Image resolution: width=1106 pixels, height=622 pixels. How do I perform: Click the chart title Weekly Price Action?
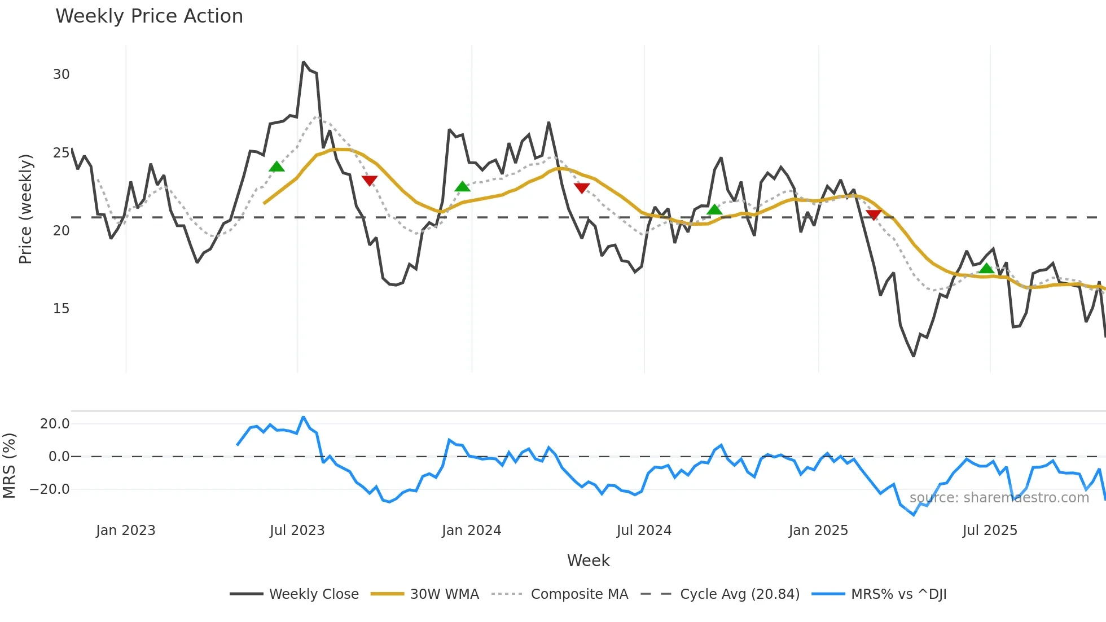(x=149, y=16)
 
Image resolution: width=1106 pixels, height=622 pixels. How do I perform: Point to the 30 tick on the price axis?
(x=61, y=75)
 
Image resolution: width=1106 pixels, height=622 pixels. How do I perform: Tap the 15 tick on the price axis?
(x=61, y=309)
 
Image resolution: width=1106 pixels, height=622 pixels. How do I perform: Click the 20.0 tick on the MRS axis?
(x=55, y=424)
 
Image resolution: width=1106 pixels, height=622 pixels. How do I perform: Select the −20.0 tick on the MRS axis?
(x=50, y=489)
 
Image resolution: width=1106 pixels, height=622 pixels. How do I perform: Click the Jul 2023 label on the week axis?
(x=297, y=531)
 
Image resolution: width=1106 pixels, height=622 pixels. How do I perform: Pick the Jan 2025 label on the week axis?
(x=818, y=531)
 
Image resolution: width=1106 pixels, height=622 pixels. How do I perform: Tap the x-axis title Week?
(x=588, y=560)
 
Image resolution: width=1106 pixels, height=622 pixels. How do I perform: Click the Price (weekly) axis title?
(x=25, y=209)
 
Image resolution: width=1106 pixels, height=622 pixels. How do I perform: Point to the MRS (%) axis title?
(x=9, y=466)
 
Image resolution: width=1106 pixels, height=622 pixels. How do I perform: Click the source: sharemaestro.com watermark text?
(x=999, y=498)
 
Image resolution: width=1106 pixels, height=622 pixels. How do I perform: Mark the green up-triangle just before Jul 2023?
(x=276, y=167)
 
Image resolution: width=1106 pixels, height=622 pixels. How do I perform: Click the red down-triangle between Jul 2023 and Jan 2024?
(x=369, y=181)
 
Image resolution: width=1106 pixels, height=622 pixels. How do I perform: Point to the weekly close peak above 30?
(x=304, y=62)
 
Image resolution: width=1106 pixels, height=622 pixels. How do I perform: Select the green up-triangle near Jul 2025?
(x=986, y=268)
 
